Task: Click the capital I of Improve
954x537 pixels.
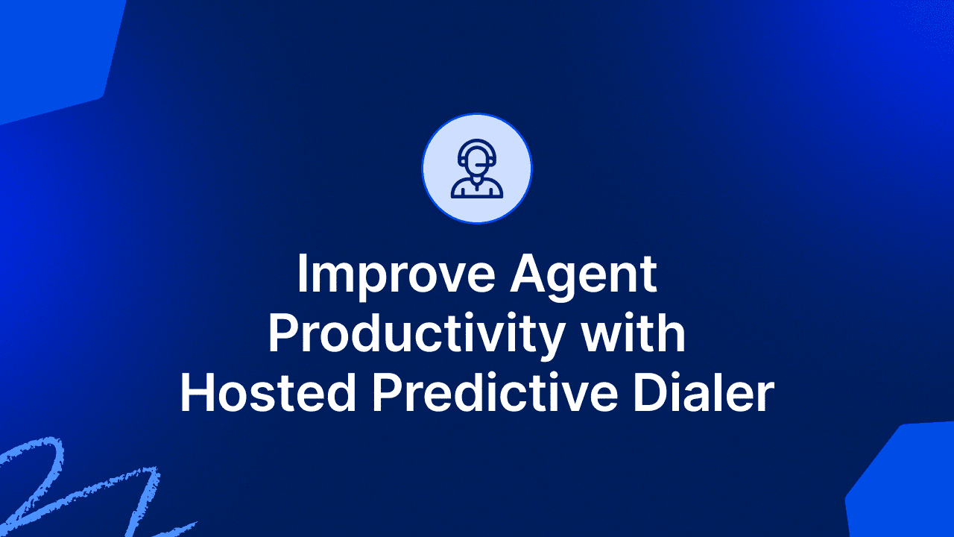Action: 301,274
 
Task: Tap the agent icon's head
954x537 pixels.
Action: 477,159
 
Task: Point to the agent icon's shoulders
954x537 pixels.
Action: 477,188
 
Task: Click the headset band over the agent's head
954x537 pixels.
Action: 477,144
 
